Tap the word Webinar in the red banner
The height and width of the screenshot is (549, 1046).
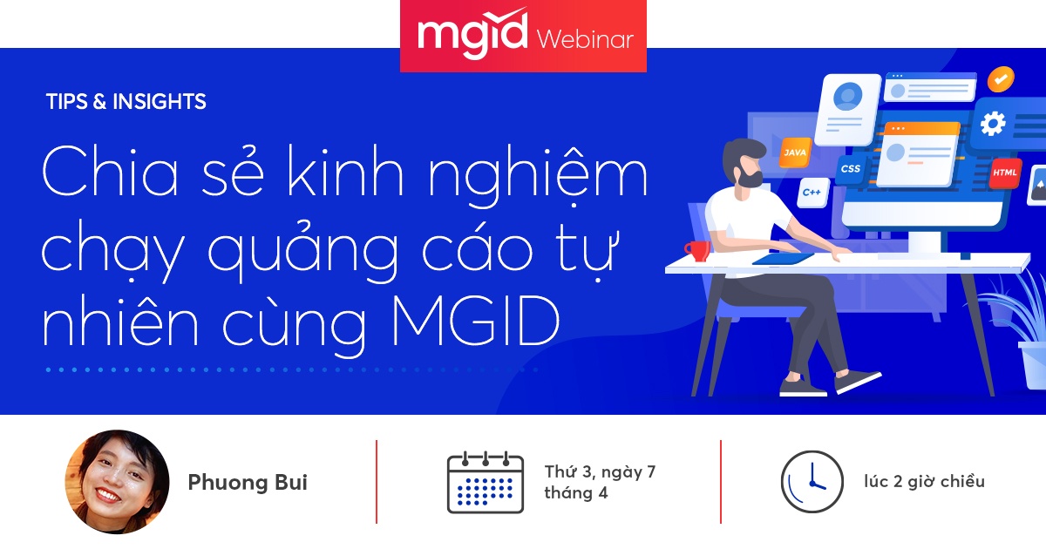tap(586, 39)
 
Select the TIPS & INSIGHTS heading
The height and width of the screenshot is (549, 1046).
tap(126, 102)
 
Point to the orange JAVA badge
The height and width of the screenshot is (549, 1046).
tap(794, 152)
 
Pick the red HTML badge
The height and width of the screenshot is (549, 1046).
tap(1005, 173)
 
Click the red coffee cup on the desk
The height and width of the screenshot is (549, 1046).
tap(697, 250)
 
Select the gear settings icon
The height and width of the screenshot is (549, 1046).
tap(993, 124)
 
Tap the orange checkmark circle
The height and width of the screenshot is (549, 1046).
tap(1001, 79)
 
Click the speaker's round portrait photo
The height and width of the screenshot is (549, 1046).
tap(117, 482)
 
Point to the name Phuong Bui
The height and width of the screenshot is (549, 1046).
tap(248, 483)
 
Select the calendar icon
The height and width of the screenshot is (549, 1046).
tap(485, 482)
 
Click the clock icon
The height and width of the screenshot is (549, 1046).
tap(812, 482)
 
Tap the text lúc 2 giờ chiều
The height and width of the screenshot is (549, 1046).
tap(924, 481)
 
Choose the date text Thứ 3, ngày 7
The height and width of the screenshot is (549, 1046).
tap(600, 472)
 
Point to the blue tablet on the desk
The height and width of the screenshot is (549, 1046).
tap(784, 258)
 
